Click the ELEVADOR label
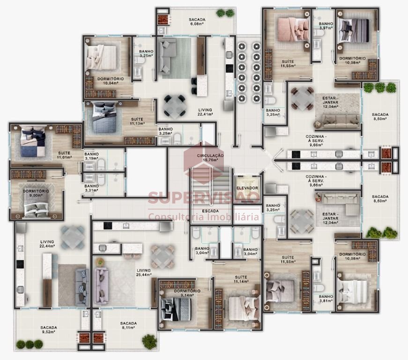click(247, 188)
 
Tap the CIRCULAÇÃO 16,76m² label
click(210, 158)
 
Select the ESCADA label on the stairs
click(210, 211)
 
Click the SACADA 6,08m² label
click(197, 22)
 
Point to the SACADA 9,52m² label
click(49, 330)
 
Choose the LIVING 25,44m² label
click(144, 272)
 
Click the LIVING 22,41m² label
click(205, 112)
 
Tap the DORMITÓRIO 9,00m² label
click(36, 193)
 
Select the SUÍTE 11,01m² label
click(64, 155)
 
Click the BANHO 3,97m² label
click(326, 26)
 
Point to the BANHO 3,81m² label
click(326, 299)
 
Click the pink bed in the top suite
click(293, 30)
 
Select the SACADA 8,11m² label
click(128, 325)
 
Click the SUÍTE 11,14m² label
click(241, 279)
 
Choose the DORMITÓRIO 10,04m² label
click(111, 81)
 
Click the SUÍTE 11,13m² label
click(137, 121)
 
